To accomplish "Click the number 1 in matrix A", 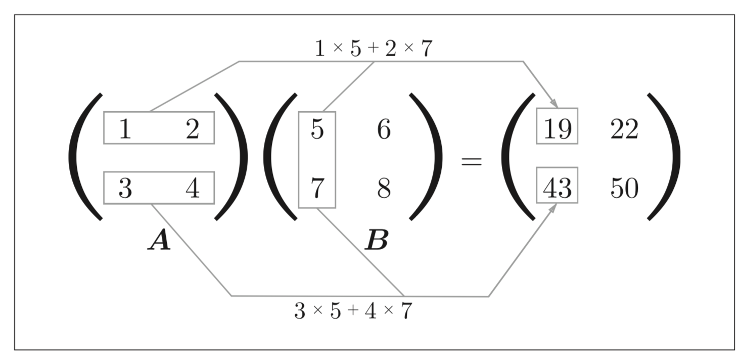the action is tap(125, 129).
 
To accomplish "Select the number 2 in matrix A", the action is tap(193, 129).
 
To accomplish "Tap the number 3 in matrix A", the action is tap(125, 188).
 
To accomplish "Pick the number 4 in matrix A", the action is tap(193, 188).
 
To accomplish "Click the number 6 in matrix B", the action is tap(384, 129).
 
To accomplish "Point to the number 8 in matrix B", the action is tap(384, 188).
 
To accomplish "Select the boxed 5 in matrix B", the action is tap(317, 129).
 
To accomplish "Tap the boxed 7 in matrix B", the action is tap(317, 188).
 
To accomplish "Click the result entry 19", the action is tap(558, 129).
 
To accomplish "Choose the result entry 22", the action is tap(624, 129).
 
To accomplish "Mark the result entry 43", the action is tap(558, 188).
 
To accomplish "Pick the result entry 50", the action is tap(624, 188).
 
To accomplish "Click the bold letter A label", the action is tap(160, 240).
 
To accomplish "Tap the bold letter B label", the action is tap(377, 240).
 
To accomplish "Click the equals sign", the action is tap(472, 162).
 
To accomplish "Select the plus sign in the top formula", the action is tap(373, 48).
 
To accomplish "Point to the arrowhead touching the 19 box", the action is tap(553, 103).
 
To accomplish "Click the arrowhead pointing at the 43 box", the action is tap(553, 208).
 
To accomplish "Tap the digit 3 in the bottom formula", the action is tap(300, 311).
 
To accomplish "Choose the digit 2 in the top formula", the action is tap(391, 49).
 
